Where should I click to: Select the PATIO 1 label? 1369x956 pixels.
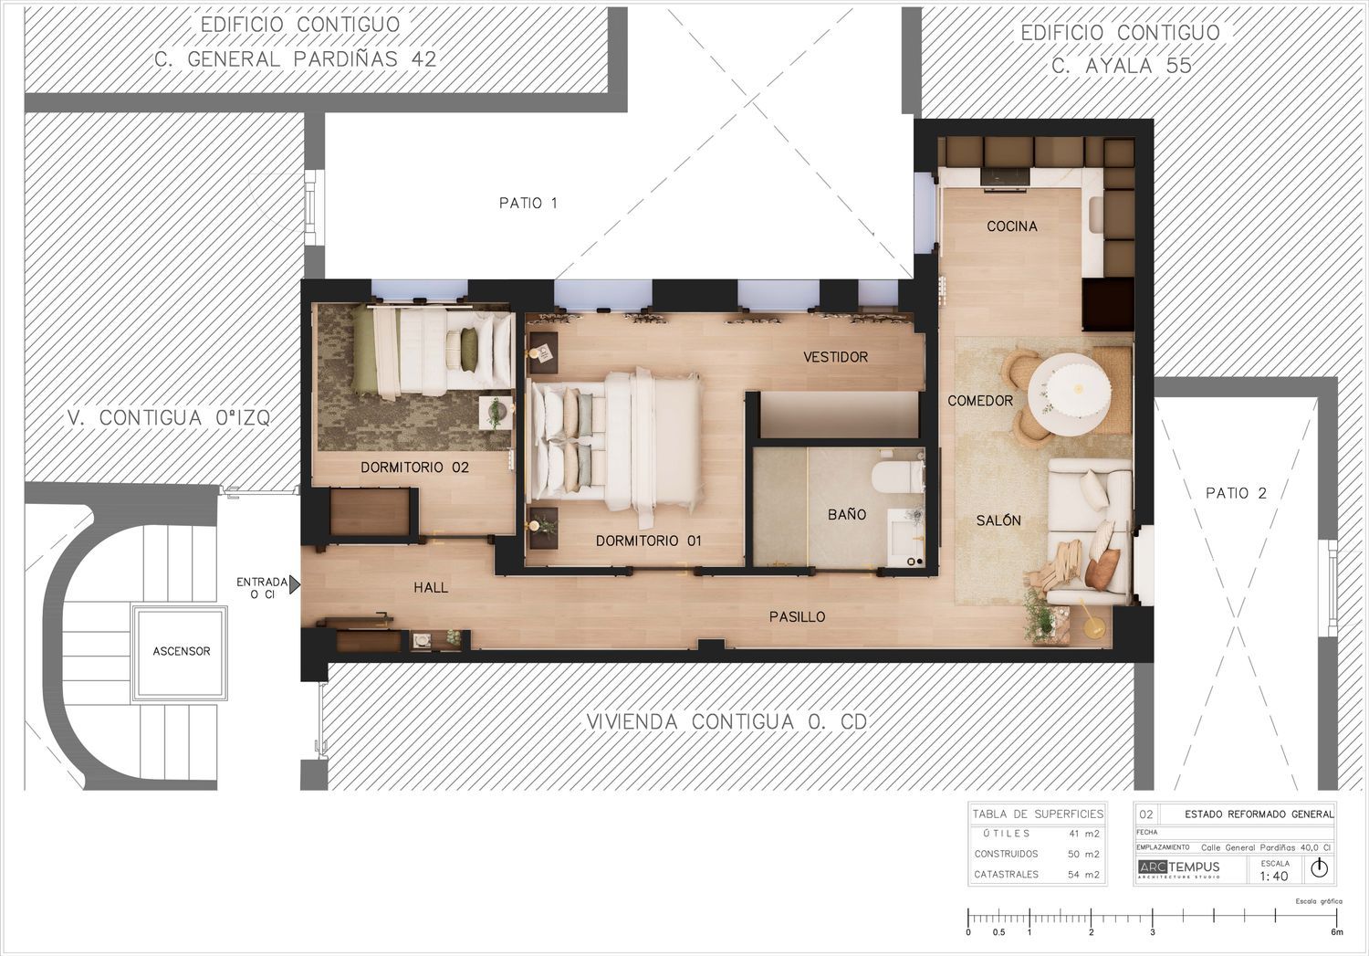(528, 203)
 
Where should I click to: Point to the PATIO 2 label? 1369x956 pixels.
(1236, 493)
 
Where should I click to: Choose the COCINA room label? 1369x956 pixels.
(1012, 226)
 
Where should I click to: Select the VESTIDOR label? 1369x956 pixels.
(835, 357)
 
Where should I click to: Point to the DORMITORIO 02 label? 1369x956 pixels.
(414, 467)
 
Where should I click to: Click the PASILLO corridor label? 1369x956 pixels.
(797, 617)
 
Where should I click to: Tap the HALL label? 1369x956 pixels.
(431, 587)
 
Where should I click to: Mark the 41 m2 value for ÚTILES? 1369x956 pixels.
(1083, 834)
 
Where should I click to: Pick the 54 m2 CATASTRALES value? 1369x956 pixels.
(1083, 874)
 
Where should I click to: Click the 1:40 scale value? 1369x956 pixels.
(1273, 876)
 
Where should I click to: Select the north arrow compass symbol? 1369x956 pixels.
(1319, 868)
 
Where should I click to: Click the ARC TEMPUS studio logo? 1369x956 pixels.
(1178, 868)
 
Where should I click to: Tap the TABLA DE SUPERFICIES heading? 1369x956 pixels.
(1038, 814)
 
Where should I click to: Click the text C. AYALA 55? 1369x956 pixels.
(1121, 66)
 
